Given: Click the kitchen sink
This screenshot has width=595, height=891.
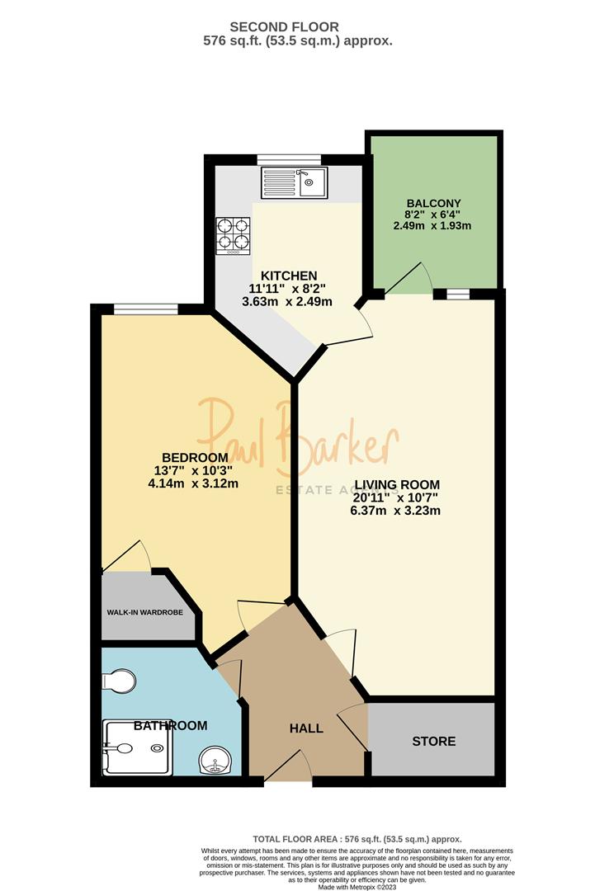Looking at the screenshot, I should click(295, 183).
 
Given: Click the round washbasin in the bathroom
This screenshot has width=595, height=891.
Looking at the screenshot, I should click(216, 760).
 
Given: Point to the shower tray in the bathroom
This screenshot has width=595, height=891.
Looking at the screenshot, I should click(137, 749).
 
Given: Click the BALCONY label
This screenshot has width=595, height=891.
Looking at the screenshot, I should click(433, 203).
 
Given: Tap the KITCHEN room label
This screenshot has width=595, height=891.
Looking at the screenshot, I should click(289, 276).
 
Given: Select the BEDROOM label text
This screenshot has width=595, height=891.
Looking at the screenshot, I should click(195, 458).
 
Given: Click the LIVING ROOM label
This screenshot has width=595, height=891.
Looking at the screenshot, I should click(396, 484).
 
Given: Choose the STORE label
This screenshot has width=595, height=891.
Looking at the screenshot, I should click(434, 741).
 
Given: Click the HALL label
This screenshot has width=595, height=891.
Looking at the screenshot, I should click(306, 728).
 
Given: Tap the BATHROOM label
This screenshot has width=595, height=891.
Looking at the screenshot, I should click(170, 726).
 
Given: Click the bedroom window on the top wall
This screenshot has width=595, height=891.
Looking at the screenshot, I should click(145, 310).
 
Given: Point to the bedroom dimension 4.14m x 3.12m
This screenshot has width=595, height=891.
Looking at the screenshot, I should click(193, 483).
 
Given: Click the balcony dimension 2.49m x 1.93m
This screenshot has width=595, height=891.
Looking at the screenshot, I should click(433, 226).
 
